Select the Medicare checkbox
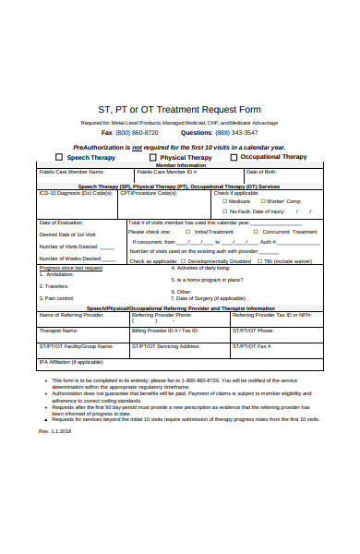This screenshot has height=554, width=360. [x=222, y=201]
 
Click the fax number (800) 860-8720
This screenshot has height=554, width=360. [x=136, y=132]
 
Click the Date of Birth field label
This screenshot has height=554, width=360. [x=260, y=172]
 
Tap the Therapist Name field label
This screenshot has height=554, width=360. [x=57, y=330]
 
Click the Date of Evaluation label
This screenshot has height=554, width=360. [x=61, y=223]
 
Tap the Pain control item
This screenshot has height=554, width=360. [x=57, y=298]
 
